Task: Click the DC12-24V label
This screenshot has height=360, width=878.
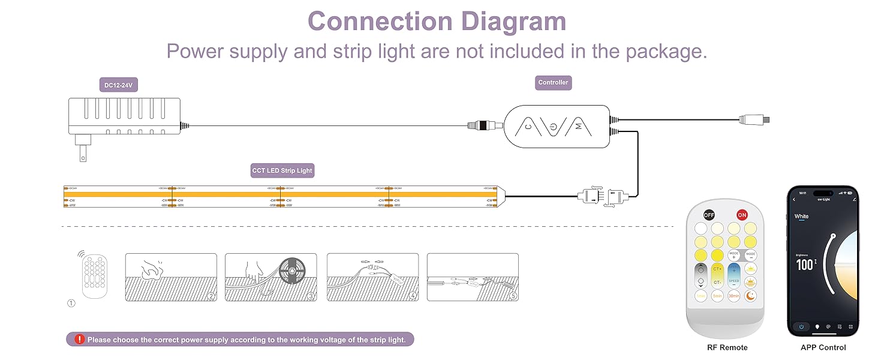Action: click(119, 85)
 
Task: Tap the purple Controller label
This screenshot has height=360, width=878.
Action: click(553, 83)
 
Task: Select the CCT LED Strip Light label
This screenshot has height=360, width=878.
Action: click(282, 170)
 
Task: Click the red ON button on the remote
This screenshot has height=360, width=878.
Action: click(742, 215)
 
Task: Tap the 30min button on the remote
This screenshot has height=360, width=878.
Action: click(733, 295)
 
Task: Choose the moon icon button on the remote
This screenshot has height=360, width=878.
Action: click(750, 295)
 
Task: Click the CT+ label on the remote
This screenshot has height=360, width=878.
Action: click(717, 268)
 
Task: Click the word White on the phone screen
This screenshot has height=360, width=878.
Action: click(801, 216)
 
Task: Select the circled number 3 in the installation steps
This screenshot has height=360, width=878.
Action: click(311, 296)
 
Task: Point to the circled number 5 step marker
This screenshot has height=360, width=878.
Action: click(513, 296)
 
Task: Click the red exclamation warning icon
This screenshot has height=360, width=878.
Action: click(80, 340)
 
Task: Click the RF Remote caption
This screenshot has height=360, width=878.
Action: click(727, 347)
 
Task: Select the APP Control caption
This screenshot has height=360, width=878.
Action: click(823, 347)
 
